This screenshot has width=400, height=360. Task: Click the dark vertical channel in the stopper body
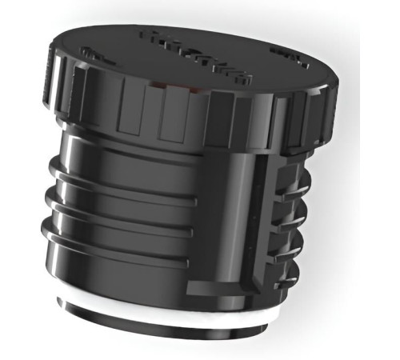[258, 216]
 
